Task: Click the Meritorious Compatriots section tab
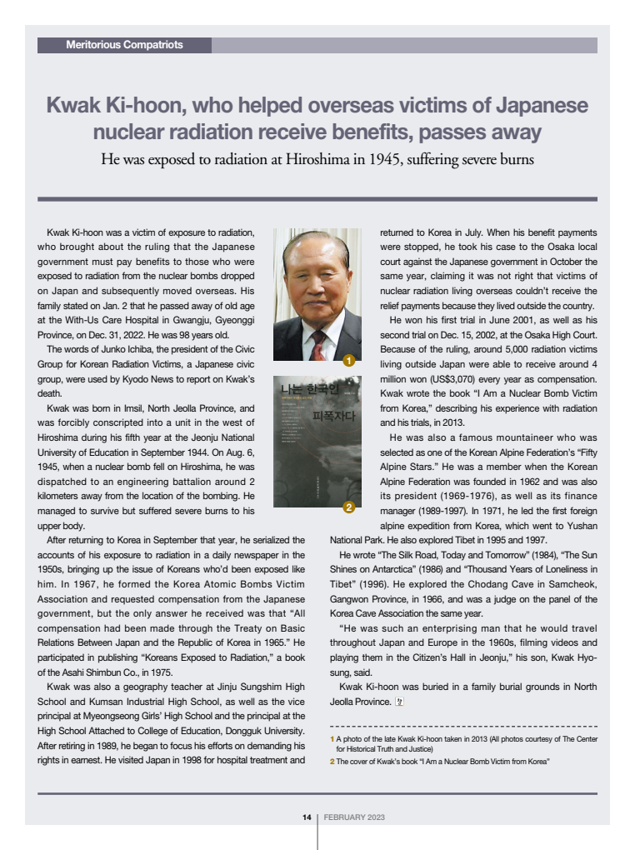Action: tap(124, 45)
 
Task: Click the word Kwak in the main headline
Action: tap(72, 106)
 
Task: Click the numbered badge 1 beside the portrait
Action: tap(349, 361)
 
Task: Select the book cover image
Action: tap(317, 442)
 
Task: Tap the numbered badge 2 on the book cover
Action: tap(349, 507)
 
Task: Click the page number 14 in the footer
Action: tap(307, 817)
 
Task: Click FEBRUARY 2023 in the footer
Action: tap(354, 817)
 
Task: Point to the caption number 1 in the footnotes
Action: tap(332, 738)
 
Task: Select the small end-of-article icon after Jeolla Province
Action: tap(398, 702)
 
